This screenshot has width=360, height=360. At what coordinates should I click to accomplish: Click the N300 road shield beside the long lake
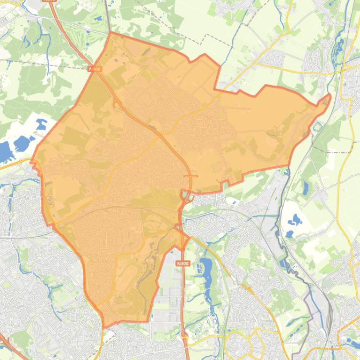pos(183,264)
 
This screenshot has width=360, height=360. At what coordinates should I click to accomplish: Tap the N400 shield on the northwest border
pos(95,69)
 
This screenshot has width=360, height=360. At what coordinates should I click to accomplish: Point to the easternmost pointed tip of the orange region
pos(329,96)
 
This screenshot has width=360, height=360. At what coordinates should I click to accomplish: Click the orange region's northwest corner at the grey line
pos(110,33)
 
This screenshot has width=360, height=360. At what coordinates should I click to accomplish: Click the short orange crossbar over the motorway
pos(191,176)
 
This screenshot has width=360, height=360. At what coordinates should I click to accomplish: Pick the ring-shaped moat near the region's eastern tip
pos(318,127)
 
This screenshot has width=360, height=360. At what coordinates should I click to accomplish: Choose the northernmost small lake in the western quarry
pos(41,124)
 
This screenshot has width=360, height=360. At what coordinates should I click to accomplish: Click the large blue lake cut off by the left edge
pos(4,151)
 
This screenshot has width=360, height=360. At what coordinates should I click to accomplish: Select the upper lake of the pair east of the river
pos(295,219)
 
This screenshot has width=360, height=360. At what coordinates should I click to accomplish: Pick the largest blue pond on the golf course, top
pos(98,20)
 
